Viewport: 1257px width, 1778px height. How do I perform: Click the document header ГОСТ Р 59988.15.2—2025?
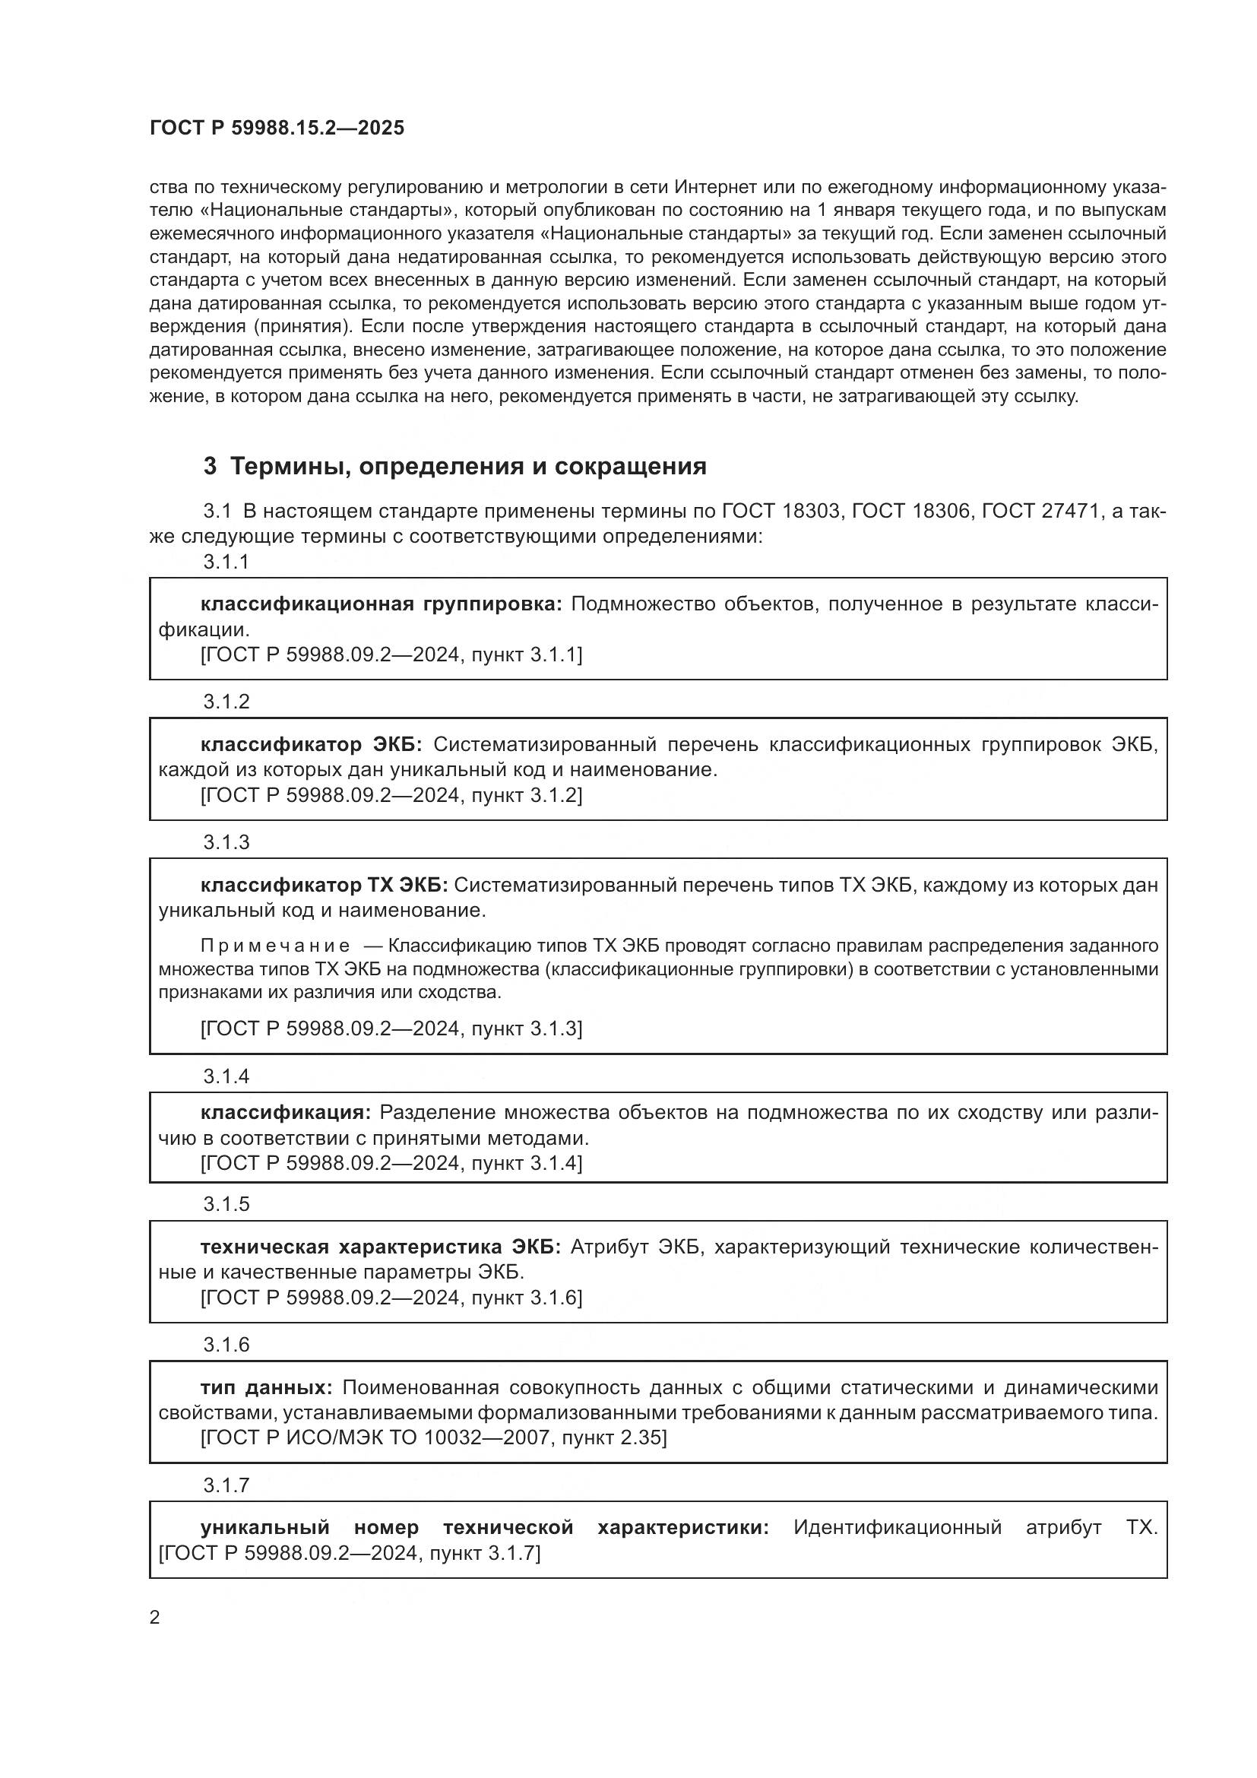[x=277, y=128]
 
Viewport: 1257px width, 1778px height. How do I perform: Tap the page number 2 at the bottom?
[x=155, y=1617]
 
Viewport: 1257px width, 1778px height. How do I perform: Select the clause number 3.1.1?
[x=226, y=563]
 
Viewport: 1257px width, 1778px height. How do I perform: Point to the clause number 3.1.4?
[x=226, y=1076]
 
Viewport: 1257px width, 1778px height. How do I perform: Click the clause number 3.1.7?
[x=226, y=1485]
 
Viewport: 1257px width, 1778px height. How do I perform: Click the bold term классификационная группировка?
[x=381, y=604]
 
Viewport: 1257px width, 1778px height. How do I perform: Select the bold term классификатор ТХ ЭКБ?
[x=326, y=884]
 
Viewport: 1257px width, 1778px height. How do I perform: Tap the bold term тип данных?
[x=265, y=1387]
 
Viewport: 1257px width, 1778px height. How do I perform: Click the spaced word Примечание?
[x=275, y=946]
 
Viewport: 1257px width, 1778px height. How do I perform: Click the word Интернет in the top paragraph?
[x=714, y=188]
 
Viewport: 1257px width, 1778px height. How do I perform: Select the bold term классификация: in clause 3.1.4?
[x=286, y=1112]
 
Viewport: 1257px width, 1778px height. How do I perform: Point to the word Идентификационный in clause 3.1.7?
[x=897, y=1527]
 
